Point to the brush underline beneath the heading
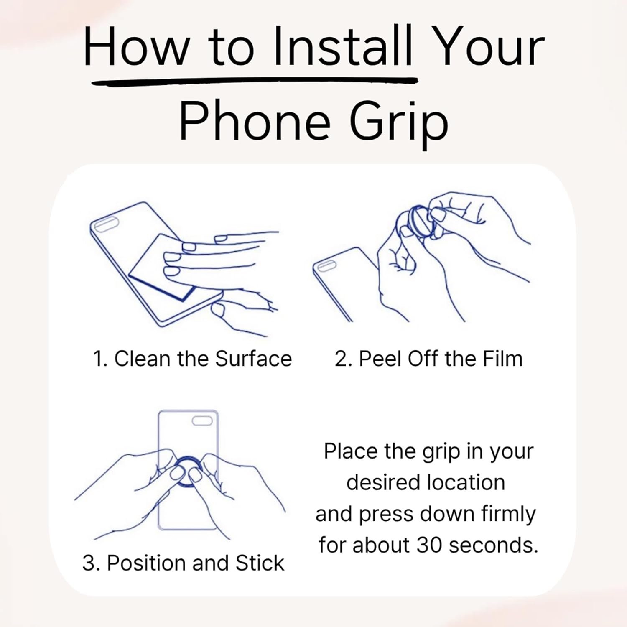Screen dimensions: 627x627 (255, 81)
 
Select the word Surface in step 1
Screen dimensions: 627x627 (253, 359)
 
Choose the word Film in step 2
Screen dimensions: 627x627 (503, 359)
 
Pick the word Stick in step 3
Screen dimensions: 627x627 (260, 563)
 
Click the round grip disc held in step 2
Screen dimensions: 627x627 (420, 222)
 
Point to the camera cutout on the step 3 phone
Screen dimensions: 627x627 (202, 421)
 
